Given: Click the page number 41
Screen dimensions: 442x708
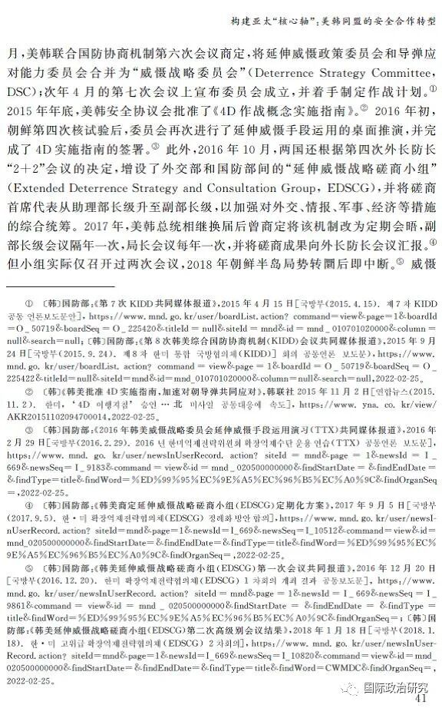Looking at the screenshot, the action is coord(420,699).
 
